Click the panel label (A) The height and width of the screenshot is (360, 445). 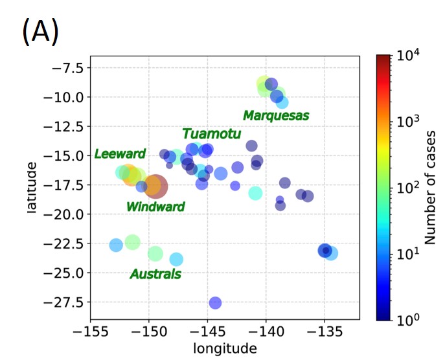click(41, 32)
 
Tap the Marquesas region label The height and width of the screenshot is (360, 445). click(276, 115)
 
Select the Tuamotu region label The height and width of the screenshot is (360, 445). click(211, 134)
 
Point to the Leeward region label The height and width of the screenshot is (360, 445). click(120, 154)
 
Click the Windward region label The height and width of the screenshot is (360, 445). click(155, 207)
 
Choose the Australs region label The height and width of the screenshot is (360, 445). click(155, 275)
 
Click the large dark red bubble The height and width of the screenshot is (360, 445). click(155, 186)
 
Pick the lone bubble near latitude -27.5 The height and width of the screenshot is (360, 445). click(215, 302)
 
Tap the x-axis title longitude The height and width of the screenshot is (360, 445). click(225, 349)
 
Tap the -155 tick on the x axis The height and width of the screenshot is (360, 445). click(90, 332)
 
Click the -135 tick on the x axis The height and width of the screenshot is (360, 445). click(325, 332)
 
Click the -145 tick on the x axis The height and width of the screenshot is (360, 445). click(208, 332)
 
